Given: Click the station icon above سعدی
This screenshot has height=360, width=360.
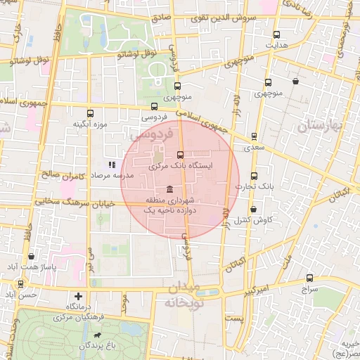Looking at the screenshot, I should click(x=254, y=137).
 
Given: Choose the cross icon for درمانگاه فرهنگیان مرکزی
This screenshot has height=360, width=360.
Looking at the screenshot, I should click(x=78, y=296).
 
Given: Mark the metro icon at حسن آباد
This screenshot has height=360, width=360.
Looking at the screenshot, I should click(x=20, y=285).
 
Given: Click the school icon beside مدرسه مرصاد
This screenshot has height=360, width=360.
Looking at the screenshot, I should click(x=111, y=165).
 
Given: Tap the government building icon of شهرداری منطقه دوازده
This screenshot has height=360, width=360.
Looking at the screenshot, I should click(x=172, y=189).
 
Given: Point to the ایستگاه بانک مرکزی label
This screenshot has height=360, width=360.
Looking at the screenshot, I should click(x=181, y=166).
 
